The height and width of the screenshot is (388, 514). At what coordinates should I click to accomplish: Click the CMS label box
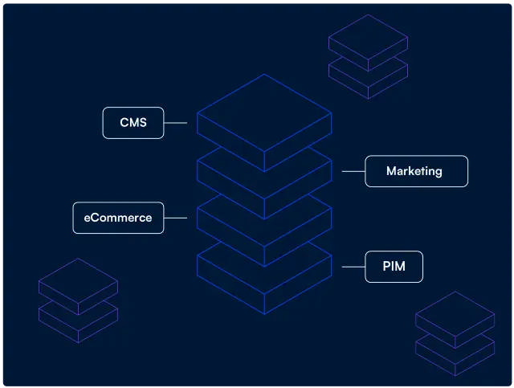click(x=133, y=123)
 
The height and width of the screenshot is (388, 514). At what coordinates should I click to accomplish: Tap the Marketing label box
click(x=416, y=171)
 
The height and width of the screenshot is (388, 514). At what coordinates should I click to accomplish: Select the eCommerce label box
click(x=118, y=218)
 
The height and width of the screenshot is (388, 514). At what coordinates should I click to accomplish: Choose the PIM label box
click(x=394, y=267)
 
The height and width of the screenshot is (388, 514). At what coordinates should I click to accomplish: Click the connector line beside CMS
click(x=175, y=123)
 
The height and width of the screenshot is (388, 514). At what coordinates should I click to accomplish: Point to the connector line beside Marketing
click(x=353, y=171)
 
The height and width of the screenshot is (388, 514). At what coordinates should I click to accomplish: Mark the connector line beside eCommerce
click(x=175, y=218)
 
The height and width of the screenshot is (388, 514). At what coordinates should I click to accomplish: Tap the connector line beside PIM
click(x=353, y=267)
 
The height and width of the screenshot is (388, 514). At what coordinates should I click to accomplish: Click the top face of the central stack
click(x=264, y=113)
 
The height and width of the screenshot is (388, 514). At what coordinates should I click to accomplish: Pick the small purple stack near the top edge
click(x=368, y=56)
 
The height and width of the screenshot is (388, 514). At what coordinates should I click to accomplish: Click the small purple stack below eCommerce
click(x=78, y=300)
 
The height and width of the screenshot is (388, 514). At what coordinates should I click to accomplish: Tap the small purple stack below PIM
click(x=455, y=333)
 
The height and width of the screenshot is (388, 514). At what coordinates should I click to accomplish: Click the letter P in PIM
click(x=387, y=267)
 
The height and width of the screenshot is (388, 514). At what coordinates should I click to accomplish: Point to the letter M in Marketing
click(x=391, y=171)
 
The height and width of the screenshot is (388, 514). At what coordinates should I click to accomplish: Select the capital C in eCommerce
click(x=97, y=218)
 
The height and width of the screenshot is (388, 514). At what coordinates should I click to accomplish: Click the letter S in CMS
click(x=142, y=123)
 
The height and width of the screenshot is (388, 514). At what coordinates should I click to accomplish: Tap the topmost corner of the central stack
click(x=264, y=75)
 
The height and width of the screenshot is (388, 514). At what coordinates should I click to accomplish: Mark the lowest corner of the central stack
click(x=264, y=314)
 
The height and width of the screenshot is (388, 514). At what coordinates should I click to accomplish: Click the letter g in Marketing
click(x=438, y=173)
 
